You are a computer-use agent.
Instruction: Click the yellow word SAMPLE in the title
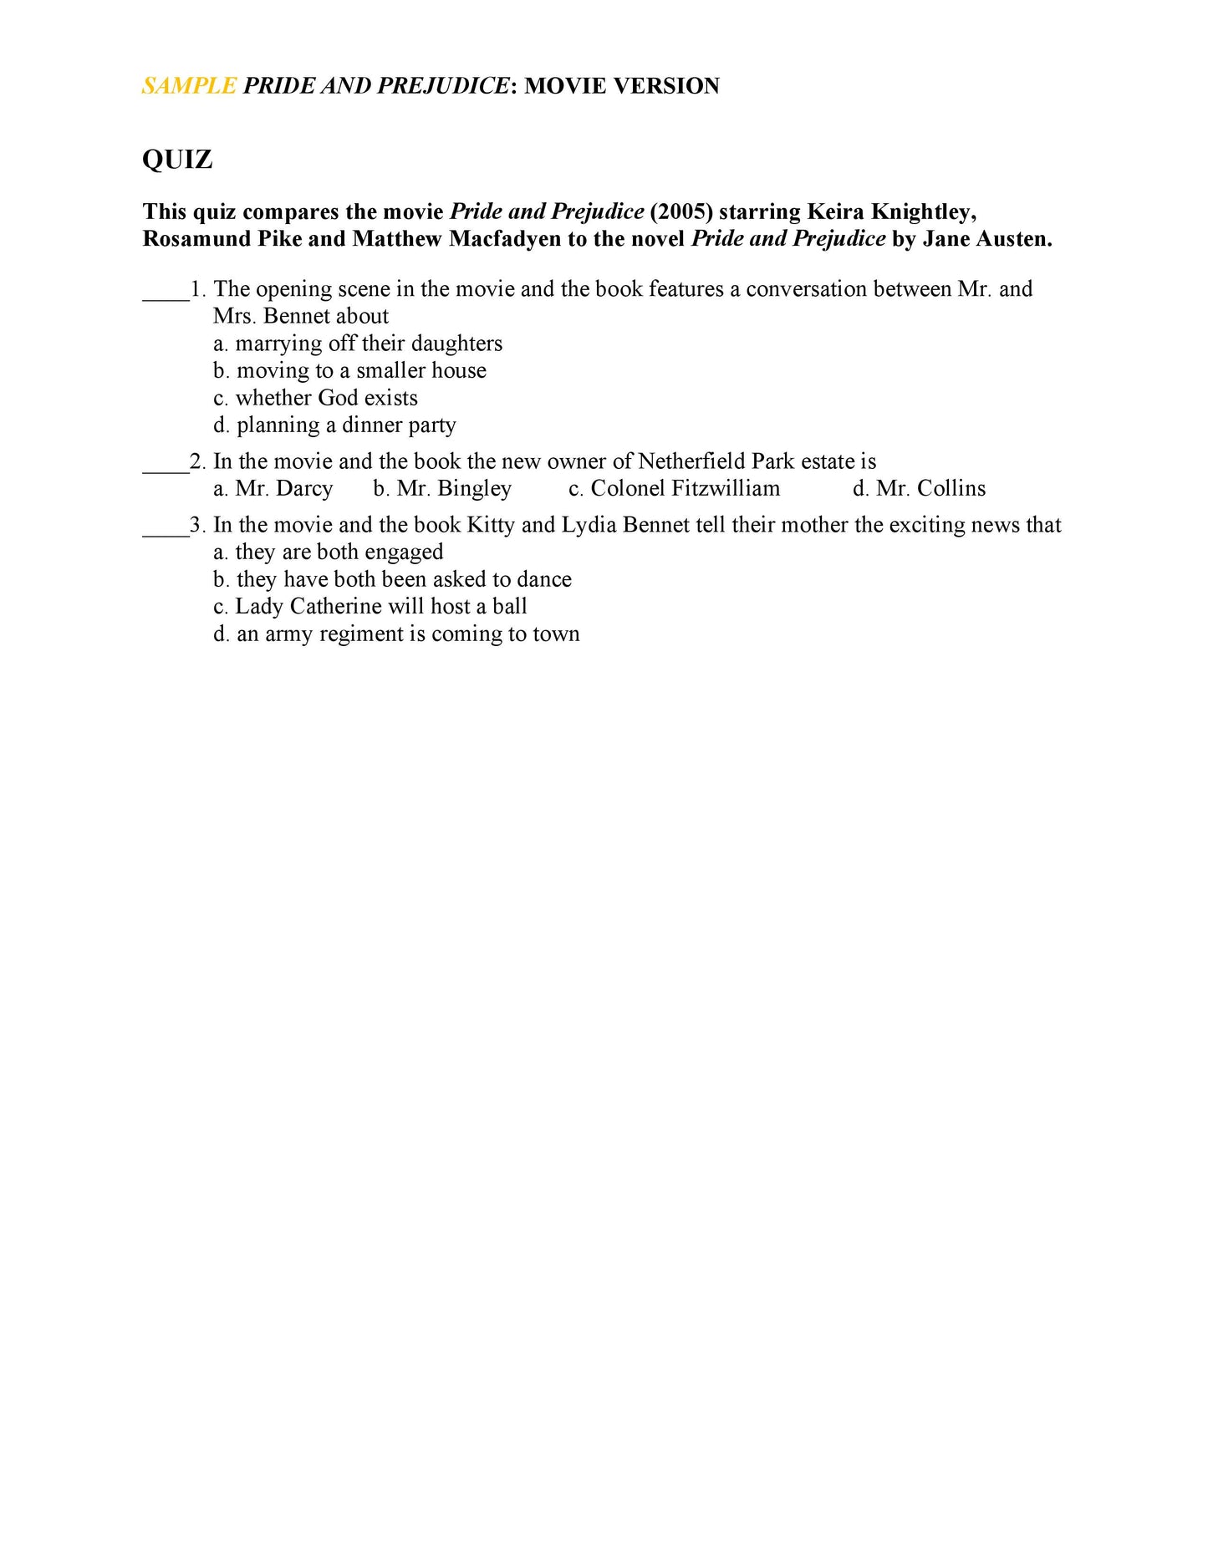coord(189,86)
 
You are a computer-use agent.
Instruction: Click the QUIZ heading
coord(177,159)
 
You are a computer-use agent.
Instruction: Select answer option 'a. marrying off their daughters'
coord(358,344)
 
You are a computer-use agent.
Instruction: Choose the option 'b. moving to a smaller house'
coord(349,370)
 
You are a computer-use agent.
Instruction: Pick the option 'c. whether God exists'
coord(315,398)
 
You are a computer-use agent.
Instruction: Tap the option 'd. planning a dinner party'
coord(334,425)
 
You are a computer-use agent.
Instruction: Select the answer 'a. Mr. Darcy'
coord(273,488)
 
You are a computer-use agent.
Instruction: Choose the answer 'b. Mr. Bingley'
coord(442,488)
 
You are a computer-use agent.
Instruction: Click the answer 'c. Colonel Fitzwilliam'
coord(674,488)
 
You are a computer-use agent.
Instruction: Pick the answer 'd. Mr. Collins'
coord(919,488)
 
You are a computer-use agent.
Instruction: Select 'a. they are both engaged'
coord(328,552)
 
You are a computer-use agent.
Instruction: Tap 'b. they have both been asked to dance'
coord(392,579)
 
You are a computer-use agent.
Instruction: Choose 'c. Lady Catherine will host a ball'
coord(370,607)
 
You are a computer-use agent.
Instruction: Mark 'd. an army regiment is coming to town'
coord(396,634)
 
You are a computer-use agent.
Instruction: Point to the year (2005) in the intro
coord(681,211)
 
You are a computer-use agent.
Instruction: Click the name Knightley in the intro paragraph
coord(923,211)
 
